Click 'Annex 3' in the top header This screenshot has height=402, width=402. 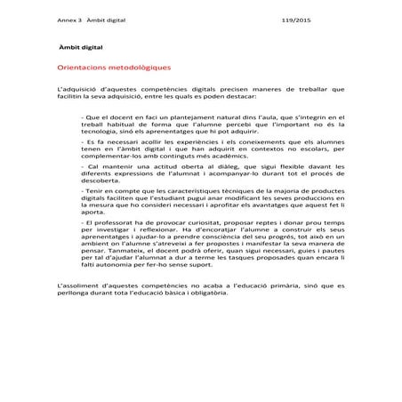68,19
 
